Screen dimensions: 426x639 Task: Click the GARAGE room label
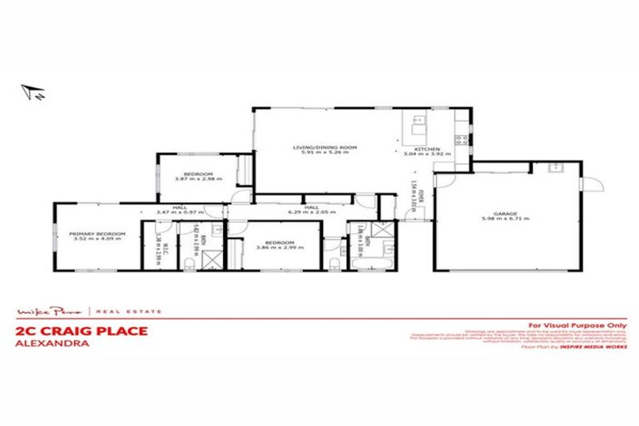(505, 213)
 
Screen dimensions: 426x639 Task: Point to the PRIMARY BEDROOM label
(98, 235)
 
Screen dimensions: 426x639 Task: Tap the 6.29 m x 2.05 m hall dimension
(313, 212)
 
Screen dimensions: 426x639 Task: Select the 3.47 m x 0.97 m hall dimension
(178, 212)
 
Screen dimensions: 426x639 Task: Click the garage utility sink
(555, 166)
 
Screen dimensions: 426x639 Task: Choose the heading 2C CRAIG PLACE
(82, 330)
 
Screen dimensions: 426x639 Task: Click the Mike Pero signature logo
(49, 312)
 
